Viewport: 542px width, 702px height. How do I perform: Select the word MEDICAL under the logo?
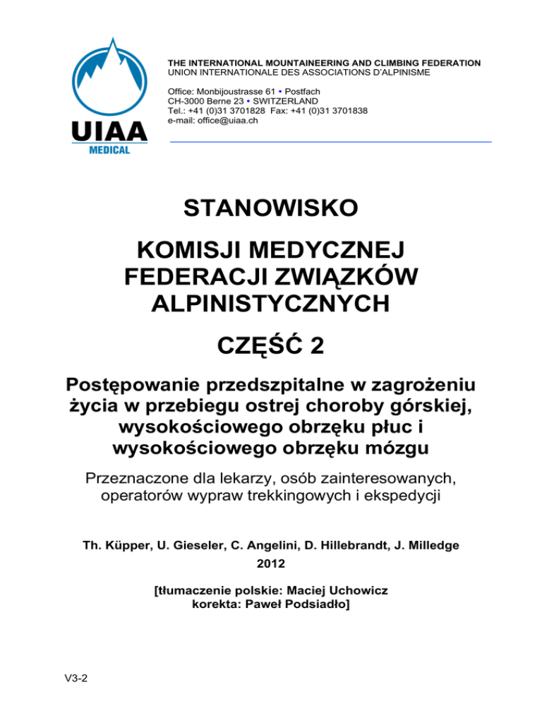click(109, 150)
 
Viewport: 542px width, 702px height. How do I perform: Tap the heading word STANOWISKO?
click(270, 209)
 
